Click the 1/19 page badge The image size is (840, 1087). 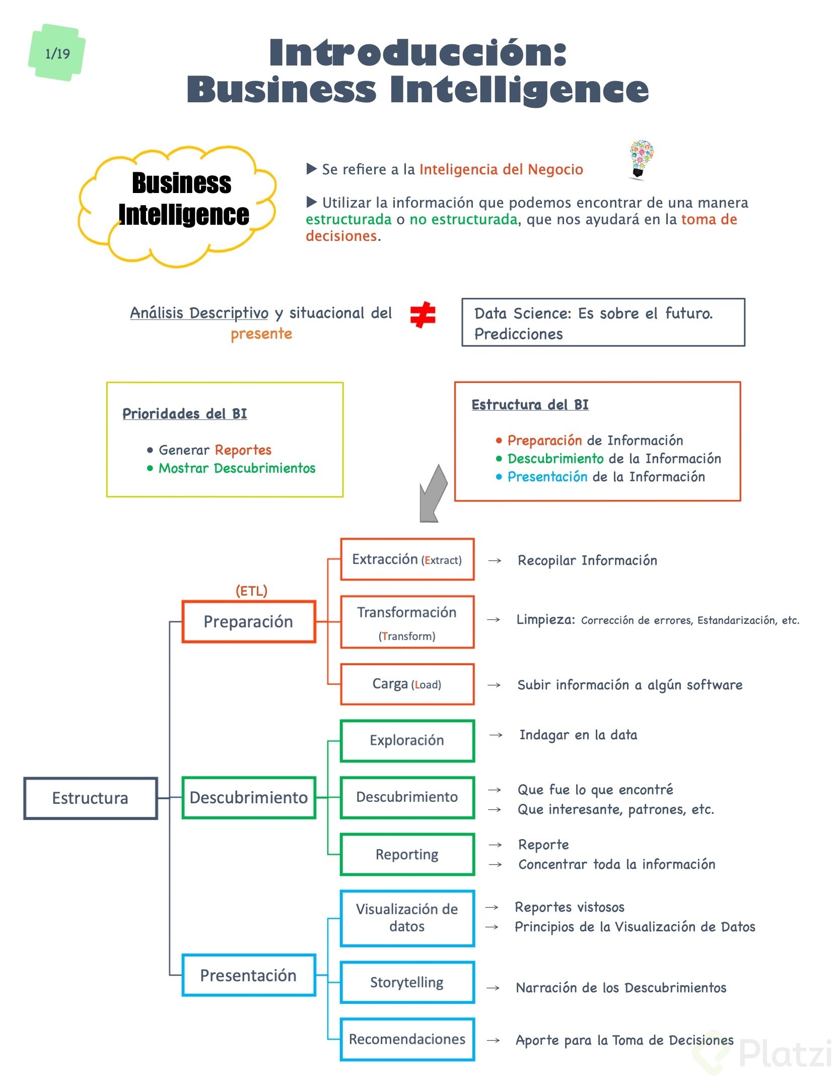(57, 53)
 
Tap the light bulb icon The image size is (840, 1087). (641, 159)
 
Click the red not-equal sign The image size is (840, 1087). (423, 314)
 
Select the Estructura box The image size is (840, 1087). (91, 798)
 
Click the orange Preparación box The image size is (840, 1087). (249, 621)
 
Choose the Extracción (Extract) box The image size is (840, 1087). (407, 559)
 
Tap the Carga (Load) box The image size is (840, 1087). (407, 684)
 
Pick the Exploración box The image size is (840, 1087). (407, 740)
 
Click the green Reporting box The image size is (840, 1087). (407, 854)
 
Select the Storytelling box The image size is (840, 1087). (407, 982)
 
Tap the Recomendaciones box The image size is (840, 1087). (407, 1039)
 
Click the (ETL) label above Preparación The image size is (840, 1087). (251, 591)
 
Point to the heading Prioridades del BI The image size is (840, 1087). (185, 414)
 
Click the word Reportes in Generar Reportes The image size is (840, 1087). (243, 450)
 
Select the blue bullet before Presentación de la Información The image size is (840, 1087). (499, 477)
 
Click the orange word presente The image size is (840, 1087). (261, 334)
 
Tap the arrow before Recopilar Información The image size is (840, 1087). (495, 560)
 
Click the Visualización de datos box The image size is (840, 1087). (407, 918)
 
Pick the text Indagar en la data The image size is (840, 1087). (578, 735)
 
